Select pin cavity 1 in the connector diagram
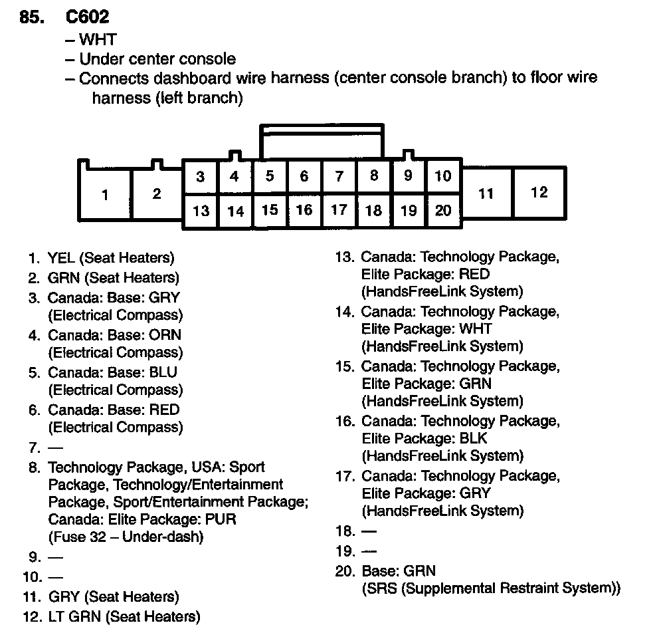click(105, 195)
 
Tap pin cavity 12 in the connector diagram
click(539, 192)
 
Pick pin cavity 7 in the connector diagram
click(339, 176)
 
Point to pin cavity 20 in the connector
click(443, 211)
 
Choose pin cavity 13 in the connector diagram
click(201, 211)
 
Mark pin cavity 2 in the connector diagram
click(157, 194)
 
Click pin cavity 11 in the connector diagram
click(486, 193)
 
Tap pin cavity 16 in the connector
click(304, 210)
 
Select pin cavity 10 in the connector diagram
click(443, 176)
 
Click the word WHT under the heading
click(98, 41)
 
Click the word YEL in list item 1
click(60, 258)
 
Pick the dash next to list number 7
click(52, 447)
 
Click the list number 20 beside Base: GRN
click(345, 571)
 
